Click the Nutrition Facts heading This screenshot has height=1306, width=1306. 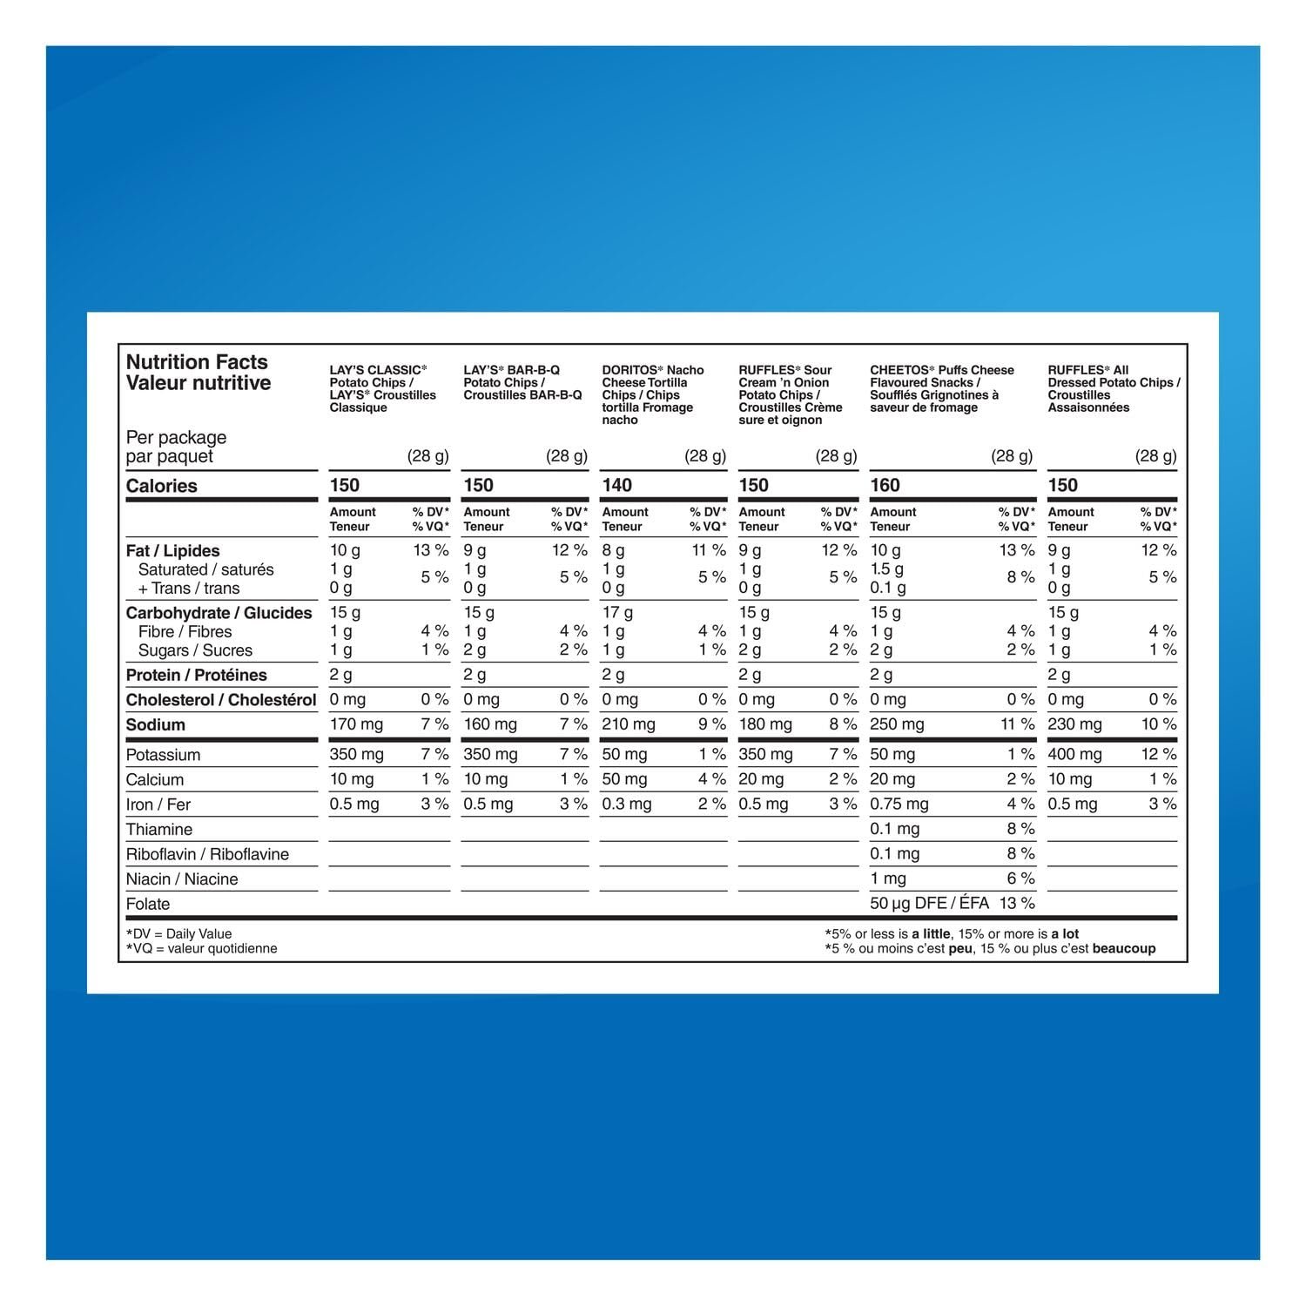[x=197, y=362]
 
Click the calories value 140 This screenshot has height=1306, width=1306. [x=617, y=485]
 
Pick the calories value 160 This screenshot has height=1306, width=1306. [x=885, y=485]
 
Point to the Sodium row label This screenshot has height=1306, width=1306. [x=155, y=724]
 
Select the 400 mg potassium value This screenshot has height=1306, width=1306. [x=1074, y=754]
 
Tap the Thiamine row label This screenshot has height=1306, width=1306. [x=158, y=830]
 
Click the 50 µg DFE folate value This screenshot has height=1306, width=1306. [x=929, y=904]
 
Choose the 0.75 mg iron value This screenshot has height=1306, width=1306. [x=899, y=804]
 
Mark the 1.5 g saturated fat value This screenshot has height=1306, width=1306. [x=886, y=569]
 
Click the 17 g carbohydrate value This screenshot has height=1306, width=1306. [x=617, y=613]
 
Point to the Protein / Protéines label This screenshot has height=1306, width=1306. [x=196, y=675]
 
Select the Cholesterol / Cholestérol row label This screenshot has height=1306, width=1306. [x=221, y=700]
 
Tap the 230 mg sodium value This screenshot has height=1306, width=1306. [x=1074, y=724]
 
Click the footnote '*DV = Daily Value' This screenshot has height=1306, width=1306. [x=178, y=933]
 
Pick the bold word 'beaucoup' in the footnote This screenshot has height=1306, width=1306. [x=1123, y=948]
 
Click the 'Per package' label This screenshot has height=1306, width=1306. [x=176, y=437]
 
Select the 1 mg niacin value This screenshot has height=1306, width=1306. [x=887, y=879]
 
